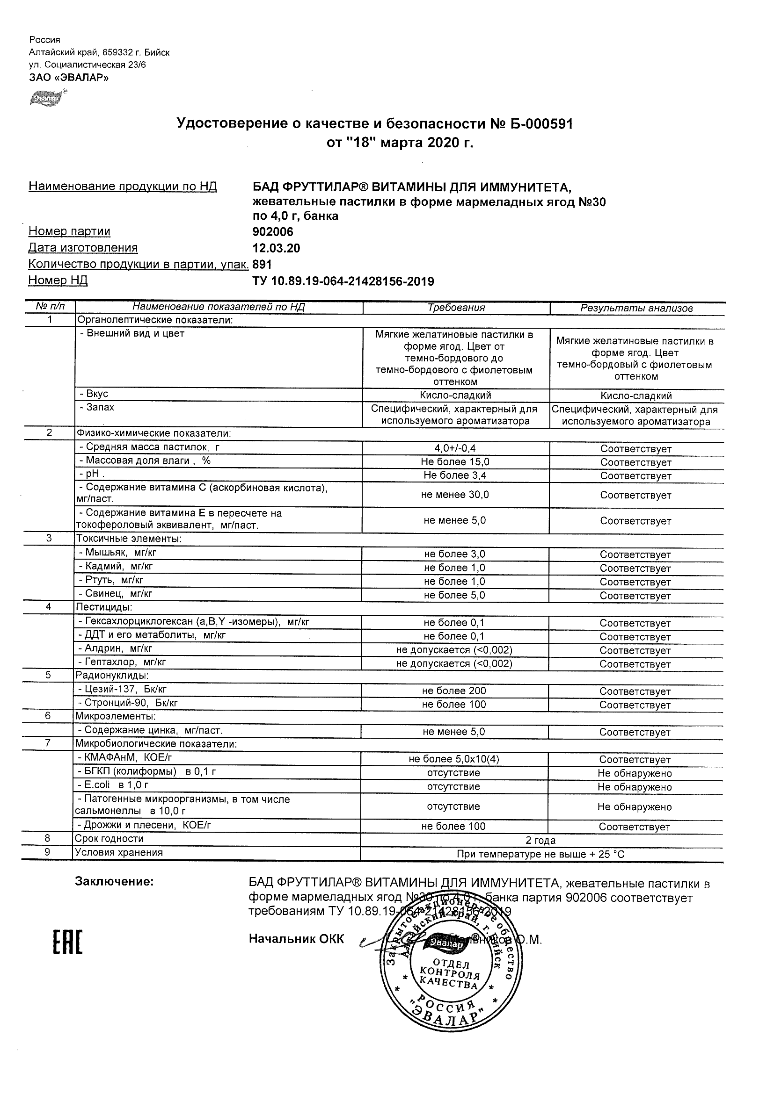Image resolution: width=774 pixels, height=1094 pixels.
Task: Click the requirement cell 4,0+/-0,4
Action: point(455,448)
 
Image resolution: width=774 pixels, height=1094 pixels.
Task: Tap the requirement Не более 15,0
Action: point(455,462)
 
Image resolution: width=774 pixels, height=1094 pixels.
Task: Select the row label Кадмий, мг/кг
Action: point(116,567)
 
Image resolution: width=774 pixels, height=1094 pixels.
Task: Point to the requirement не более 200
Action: point(454,691)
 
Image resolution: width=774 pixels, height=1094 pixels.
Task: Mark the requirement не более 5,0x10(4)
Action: point(454,760)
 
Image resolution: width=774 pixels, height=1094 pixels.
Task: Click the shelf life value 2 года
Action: point(540,841)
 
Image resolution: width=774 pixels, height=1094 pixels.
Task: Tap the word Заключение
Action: point(115,882)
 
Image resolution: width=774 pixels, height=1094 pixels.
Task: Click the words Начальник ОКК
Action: point(296,939)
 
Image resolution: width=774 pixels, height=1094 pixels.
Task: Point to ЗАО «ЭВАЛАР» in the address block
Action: point(69,78)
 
